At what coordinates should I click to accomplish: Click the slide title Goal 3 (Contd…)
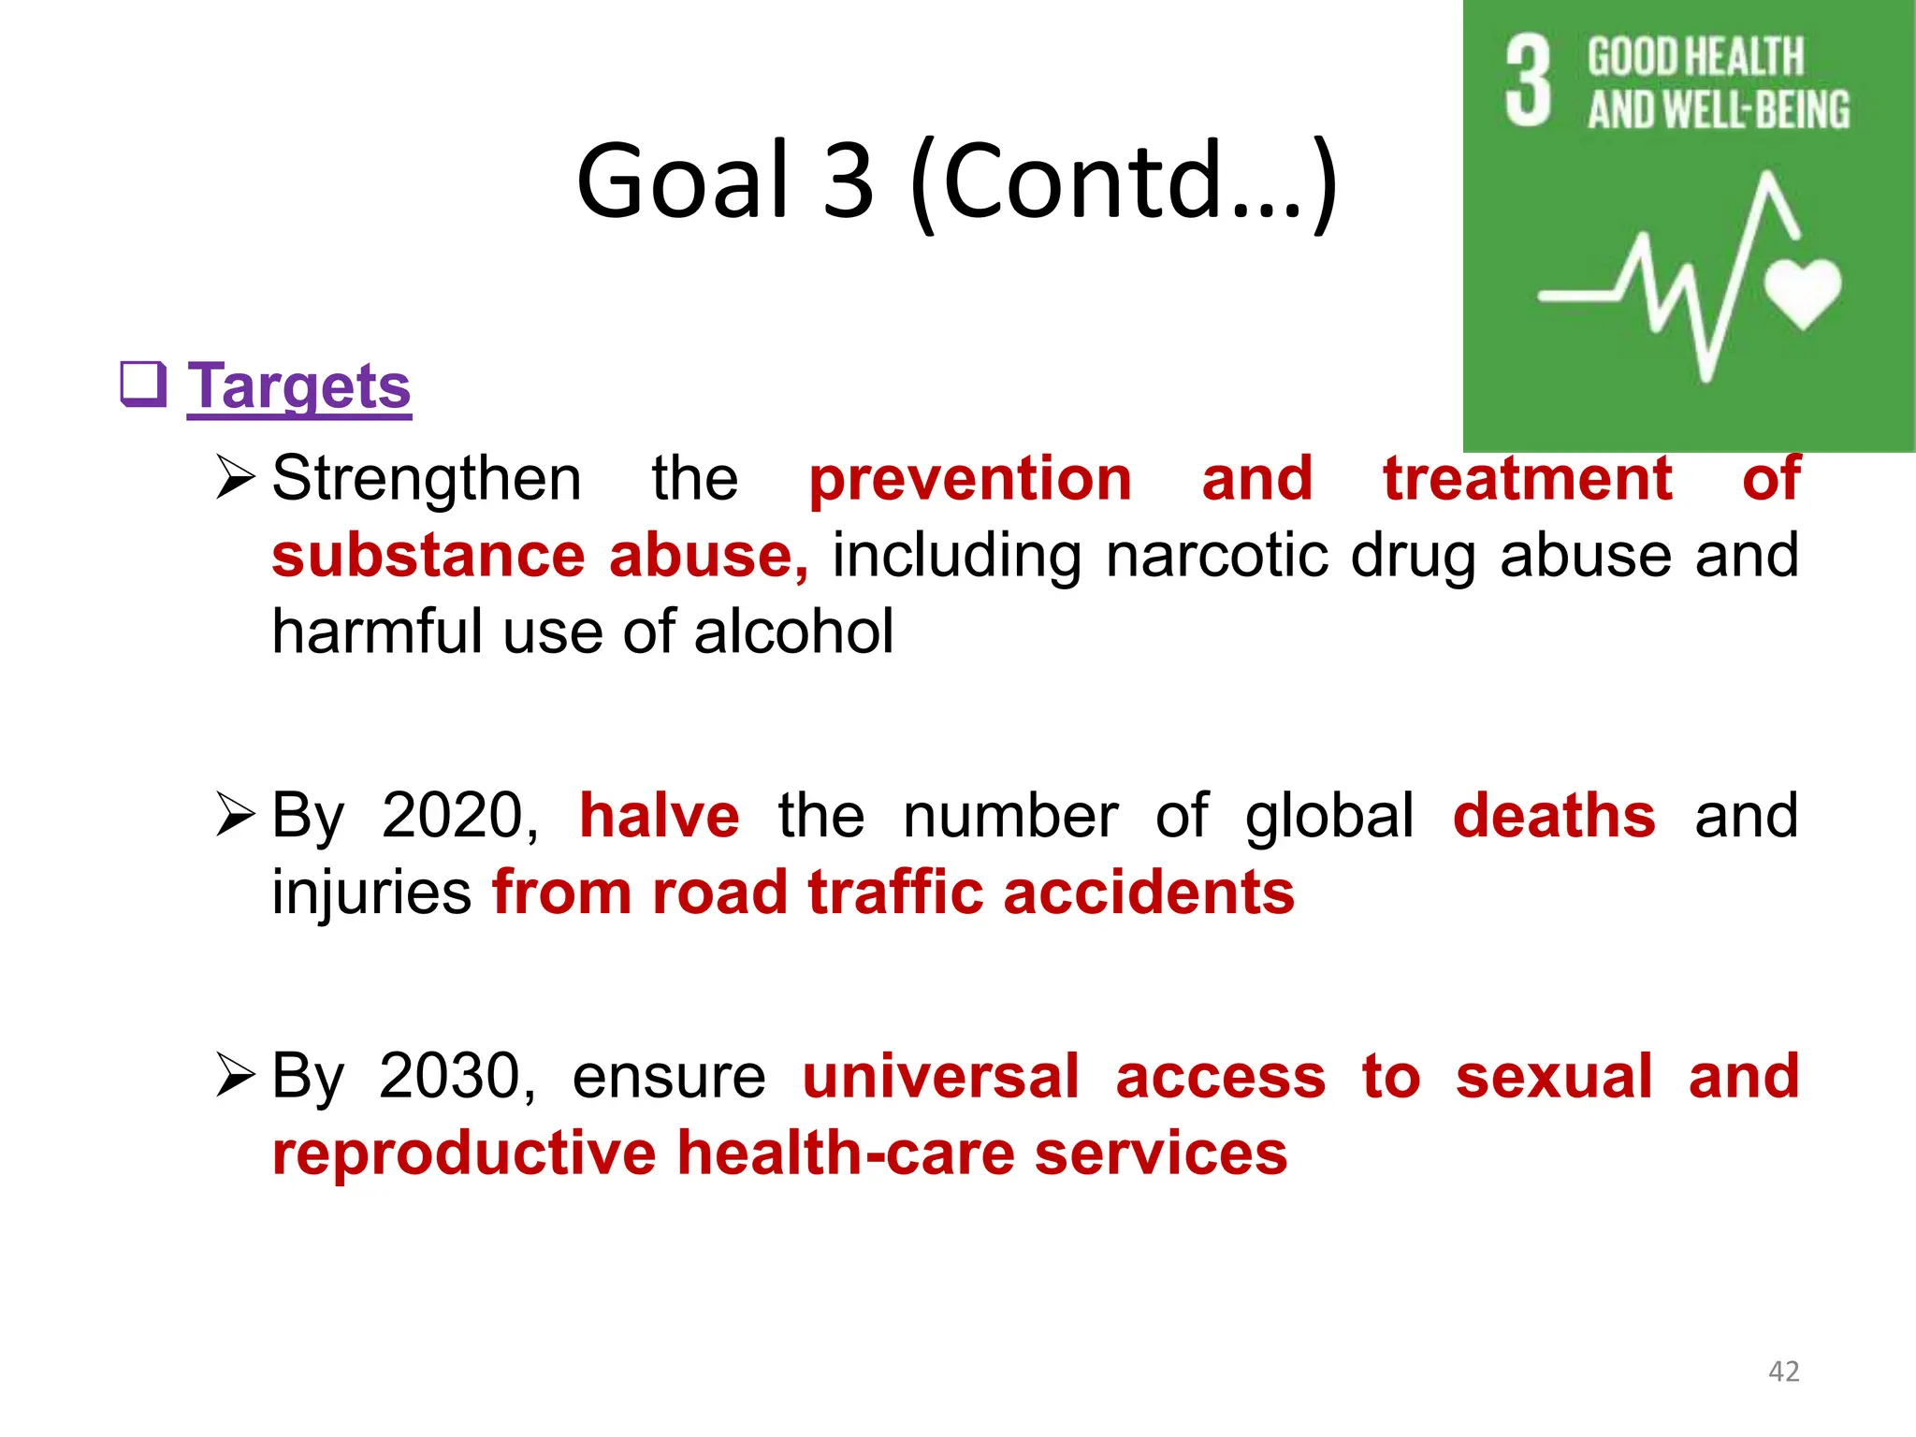pos(956,181)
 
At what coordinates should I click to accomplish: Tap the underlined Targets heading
pos(299,386)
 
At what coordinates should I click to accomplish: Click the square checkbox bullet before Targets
pos(143,385)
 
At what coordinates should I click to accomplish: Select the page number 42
pos(1783,1372)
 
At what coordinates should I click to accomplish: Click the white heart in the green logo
pos(1803,293)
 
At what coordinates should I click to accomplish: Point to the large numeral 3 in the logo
pos(1529,81)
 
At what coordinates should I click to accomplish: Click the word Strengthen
pos(427,479)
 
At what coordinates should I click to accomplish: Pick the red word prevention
pos(970,479)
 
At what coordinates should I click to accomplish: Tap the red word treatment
pos(1527,479)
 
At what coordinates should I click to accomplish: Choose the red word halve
pos(660,816)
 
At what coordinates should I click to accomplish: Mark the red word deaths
pos(1554,816)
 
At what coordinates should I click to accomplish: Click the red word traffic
pos(895,893)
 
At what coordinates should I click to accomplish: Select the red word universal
pos(941,1076)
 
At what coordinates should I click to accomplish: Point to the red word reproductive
pos(464,1153)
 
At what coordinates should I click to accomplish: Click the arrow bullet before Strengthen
pos(234,477)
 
